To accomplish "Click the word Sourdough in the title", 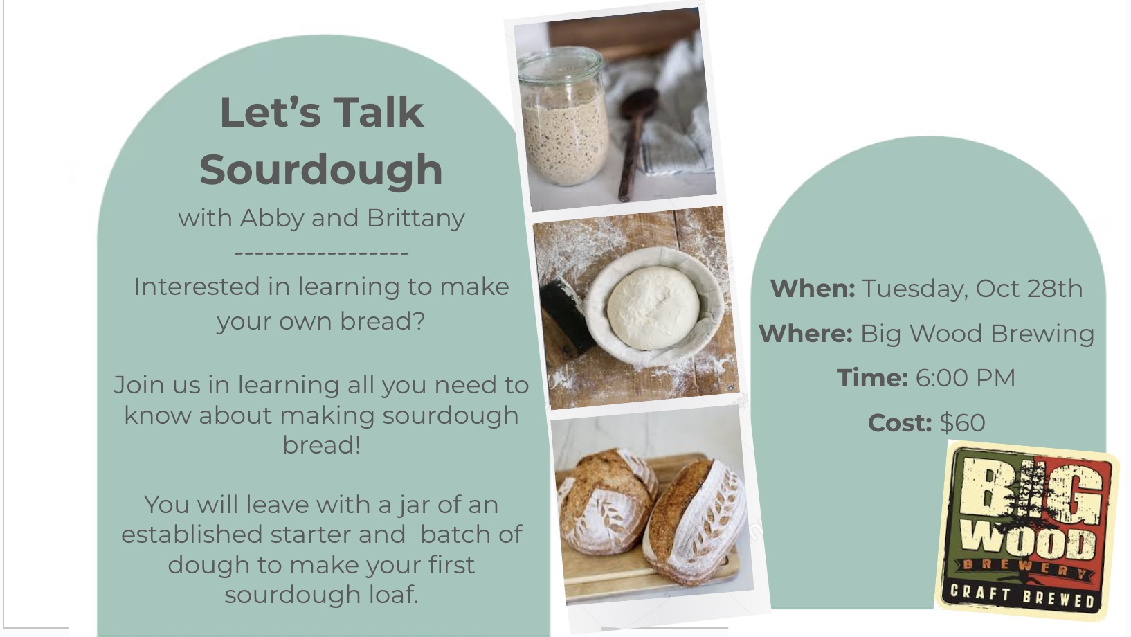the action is tap(321, 170).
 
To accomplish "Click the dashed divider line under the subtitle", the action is tap(322, 253).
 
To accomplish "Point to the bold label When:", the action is tap(813, 289).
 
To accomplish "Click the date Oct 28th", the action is tap(1029, 289).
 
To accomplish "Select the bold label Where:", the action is tap(806, 334).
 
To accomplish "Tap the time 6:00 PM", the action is tap(965, 378).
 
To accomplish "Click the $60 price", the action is tap(962, 423).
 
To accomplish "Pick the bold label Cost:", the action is tap(900, 423).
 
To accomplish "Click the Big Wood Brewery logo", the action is tap(1026, 530).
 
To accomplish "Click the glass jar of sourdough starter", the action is tap(563, 116).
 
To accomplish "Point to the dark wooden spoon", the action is tap(635, 144).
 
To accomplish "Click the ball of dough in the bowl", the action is tap(653, 307).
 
